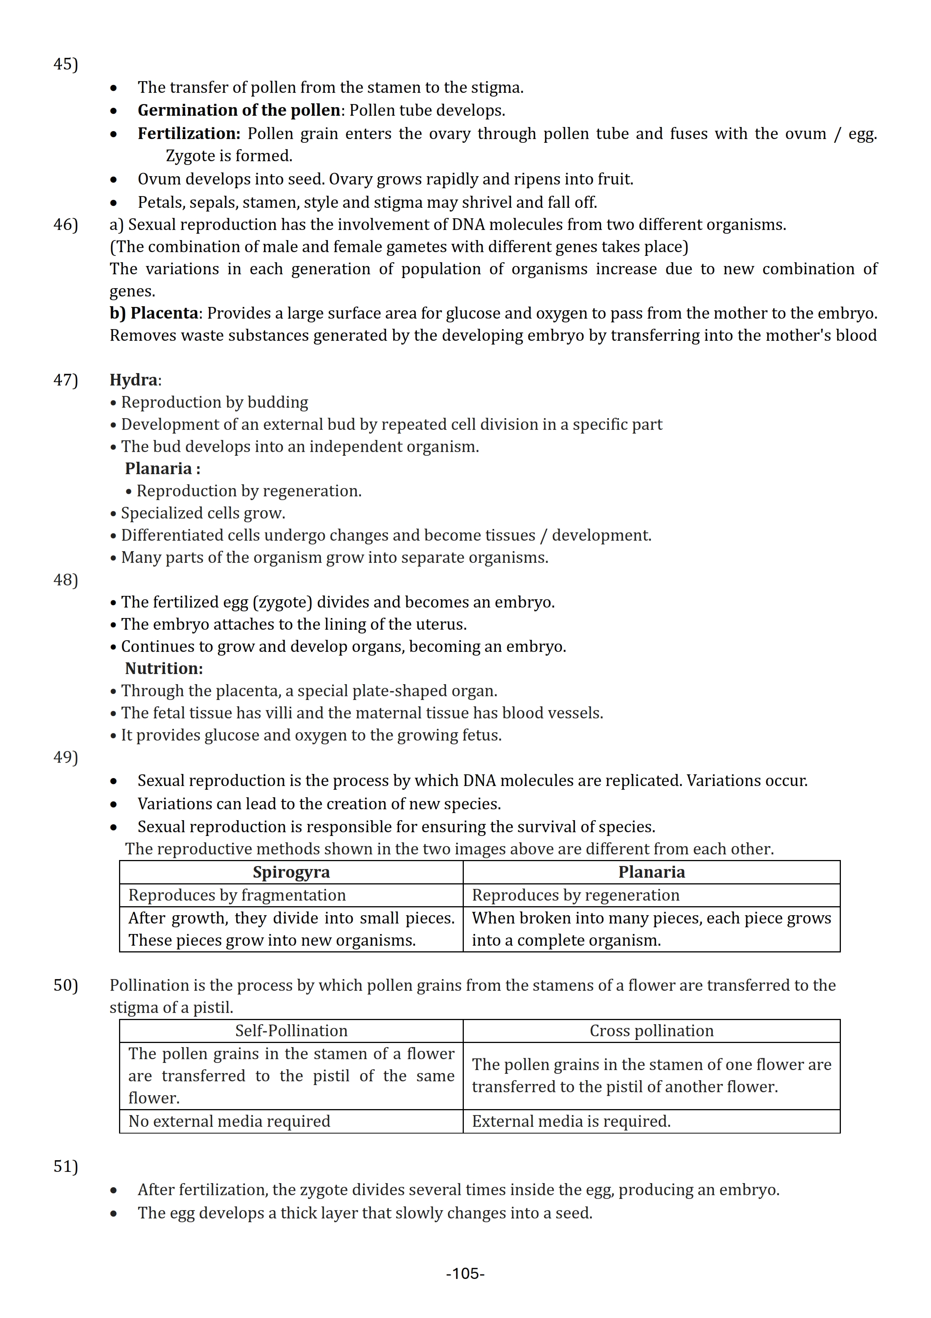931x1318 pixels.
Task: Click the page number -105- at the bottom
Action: coord(465,1274)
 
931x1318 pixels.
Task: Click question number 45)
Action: coord(65,64)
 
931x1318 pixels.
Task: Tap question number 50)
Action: coord(65,985)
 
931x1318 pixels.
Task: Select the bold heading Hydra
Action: coord(134,380)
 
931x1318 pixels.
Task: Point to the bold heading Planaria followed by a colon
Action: coord(162,469)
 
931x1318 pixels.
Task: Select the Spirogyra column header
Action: coord(291,872)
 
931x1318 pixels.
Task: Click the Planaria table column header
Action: coord(651,872)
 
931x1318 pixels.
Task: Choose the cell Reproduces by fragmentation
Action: coord(237,895)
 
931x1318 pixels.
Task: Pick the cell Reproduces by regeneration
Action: coord(575,895)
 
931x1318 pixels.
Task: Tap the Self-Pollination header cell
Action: coord(291,1031)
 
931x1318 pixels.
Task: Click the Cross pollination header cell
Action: coord(651,1031)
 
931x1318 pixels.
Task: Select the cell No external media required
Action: coord(229,1121)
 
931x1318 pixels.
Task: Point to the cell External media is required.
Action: coord(571,1121)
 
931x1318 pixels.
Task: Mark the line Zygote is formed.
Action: coord(229,156)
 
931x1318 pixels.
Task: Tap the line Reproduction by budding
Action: coord(214,402)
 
